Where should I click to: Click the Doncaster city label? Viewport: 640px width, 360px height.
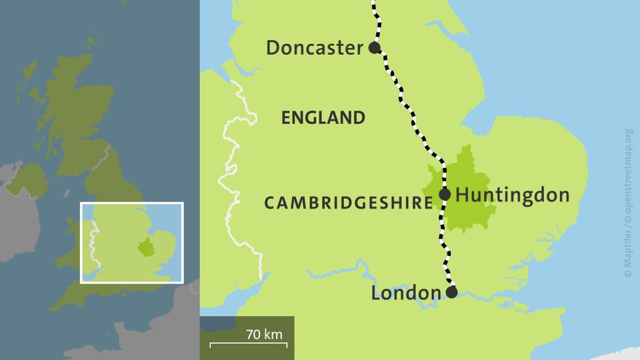tap(315, 48)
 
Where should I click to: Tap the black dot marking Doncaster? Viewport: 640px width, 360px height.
tap(375, 47)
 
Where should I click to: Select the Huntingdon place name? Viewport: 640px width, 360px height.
tap(513, 195)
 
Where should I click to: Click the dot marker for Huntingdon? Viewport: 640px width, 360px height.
tap(445, 195)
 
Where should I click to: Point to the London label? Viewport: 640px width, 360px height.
tap(406, 293)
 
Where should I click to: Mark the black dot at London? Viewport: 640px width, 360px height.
tap(451, 292)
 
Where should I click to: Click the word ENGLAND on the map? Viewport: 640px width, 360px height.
tap(323, 118)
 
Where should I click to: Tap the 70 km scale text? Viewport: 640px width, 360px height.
tap(264, 335)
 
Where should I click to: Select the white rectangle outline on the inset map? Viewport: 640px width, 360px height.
tap(131, 203)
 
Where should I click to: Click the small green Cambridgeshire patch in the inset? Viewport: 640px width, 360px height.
tap(145, 247)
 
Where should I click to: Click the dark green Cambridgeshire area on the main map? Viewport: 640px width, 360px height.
tap(470, 210)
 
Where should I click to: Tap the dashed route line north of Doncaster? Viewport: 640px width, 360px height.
tap(376, 20)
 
